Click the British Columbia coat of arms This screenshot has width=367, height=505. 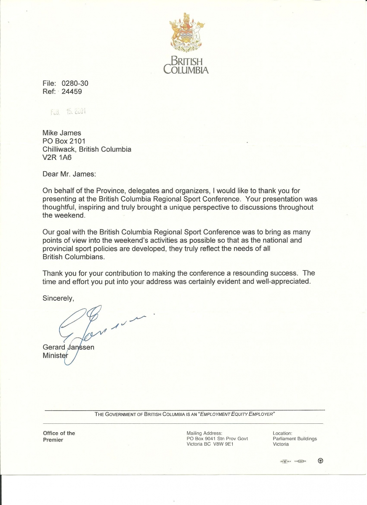[x=186, y=33]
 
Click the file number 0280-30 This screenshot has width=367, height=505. [x=75, y=83]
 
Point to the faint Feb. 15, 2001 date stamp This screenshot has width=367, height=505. [x=68, y=112]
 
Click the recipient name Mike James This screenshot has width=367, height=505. [x=62, y=133]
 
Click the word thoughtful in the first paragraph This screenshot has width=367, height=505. [x=59, y=207]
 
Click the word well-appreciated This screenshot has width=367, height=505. [x=283, y=282]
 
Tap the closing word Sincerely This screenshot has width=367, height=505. [x=59, y=298]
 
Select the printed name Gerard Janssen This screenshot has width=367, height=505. [x=69, y=347]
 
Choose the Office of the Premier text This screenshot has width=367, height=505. [x=59, y=436]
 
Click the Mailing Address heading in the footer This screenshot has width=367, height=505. [x=204, y=433]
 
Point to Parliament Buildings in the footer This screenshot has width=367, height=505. [x=295, y=439]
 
